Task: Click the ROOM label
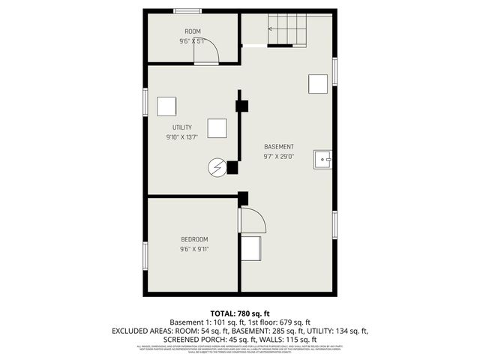(x=193, y=31)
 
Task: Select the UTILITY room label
(x=182, y=127)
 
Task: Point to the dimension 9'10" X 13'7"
(x=182, y=137)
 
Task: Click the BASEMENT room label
(x=279, y=146)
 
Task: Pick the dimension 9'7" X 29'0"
(x=279, y=157)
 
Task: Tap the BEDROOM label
(x=194, y=239)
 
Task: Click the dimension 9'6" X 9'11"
(x=194, y=249)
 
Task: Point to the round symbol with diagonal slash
(x=217, y=167)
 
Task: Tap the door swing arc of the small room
(x=209, y=51)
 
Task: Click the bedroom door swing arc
(x=253, y=220)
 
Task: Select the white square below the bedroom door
(x=250, y=247)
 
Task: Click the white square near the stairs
(x=318, y=83)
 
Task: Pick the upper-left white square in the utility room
(x=166, y=106)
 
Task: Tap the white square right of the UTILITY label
(x=217, y=129)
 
